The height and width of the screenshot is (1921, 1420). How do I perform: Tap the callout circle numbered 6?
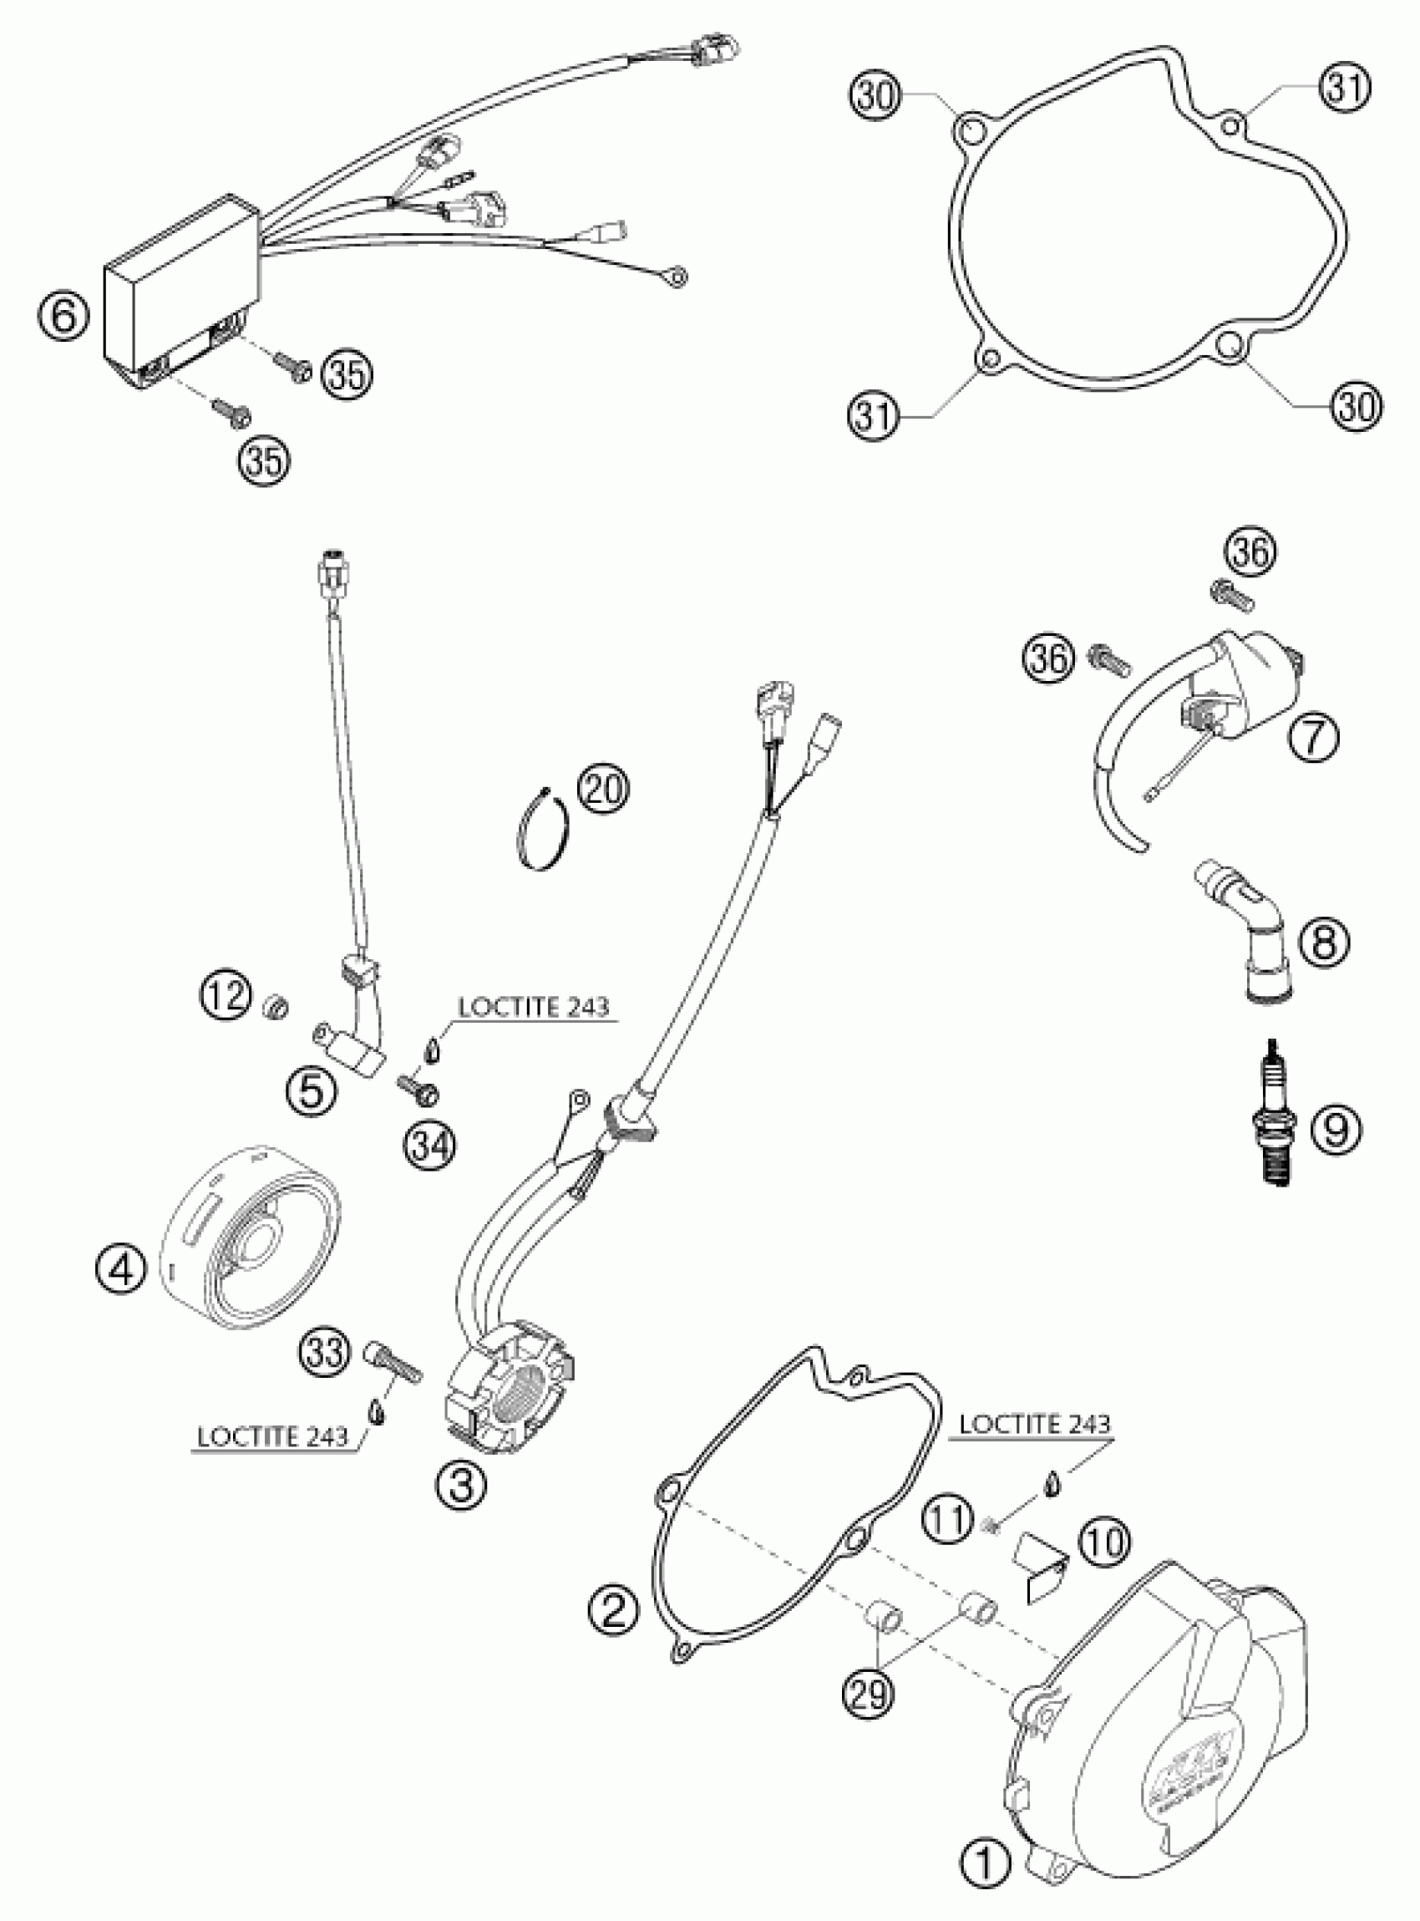(x=63, y=318)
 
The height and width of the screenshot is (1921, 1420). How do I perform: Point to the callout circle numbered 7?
(x=1312, y=737)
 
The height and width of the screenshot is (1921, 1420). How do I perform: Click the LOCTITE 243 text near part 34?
(x=534, y=1007)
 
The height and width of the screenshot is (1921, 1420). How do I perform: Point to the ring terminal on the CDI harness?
(x=679, y=277)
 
